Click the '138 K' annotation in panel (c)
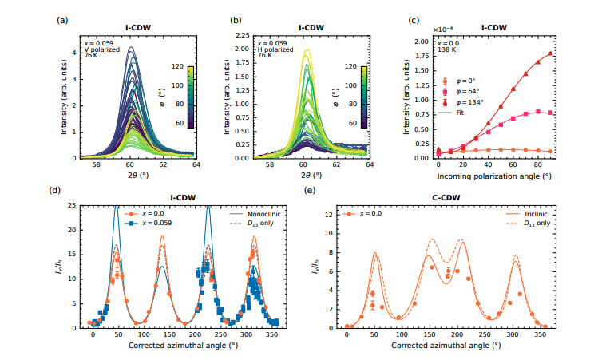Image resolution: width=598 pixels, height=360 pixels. (444, 49)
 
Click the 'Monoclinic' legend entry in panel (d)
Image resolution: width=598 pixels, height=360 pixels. (256, 215)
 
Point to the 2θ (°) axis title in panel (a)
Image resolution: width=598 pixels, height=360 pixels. (128, 173)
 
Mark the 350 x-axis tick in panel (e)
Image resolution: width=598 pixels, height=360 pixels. (541, 336)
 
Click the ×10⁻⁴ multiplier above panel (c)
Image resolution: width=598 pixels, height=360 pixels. (443, 30)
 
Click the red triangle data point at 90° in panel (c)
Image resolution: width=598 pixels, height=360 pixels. (550, 54)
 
